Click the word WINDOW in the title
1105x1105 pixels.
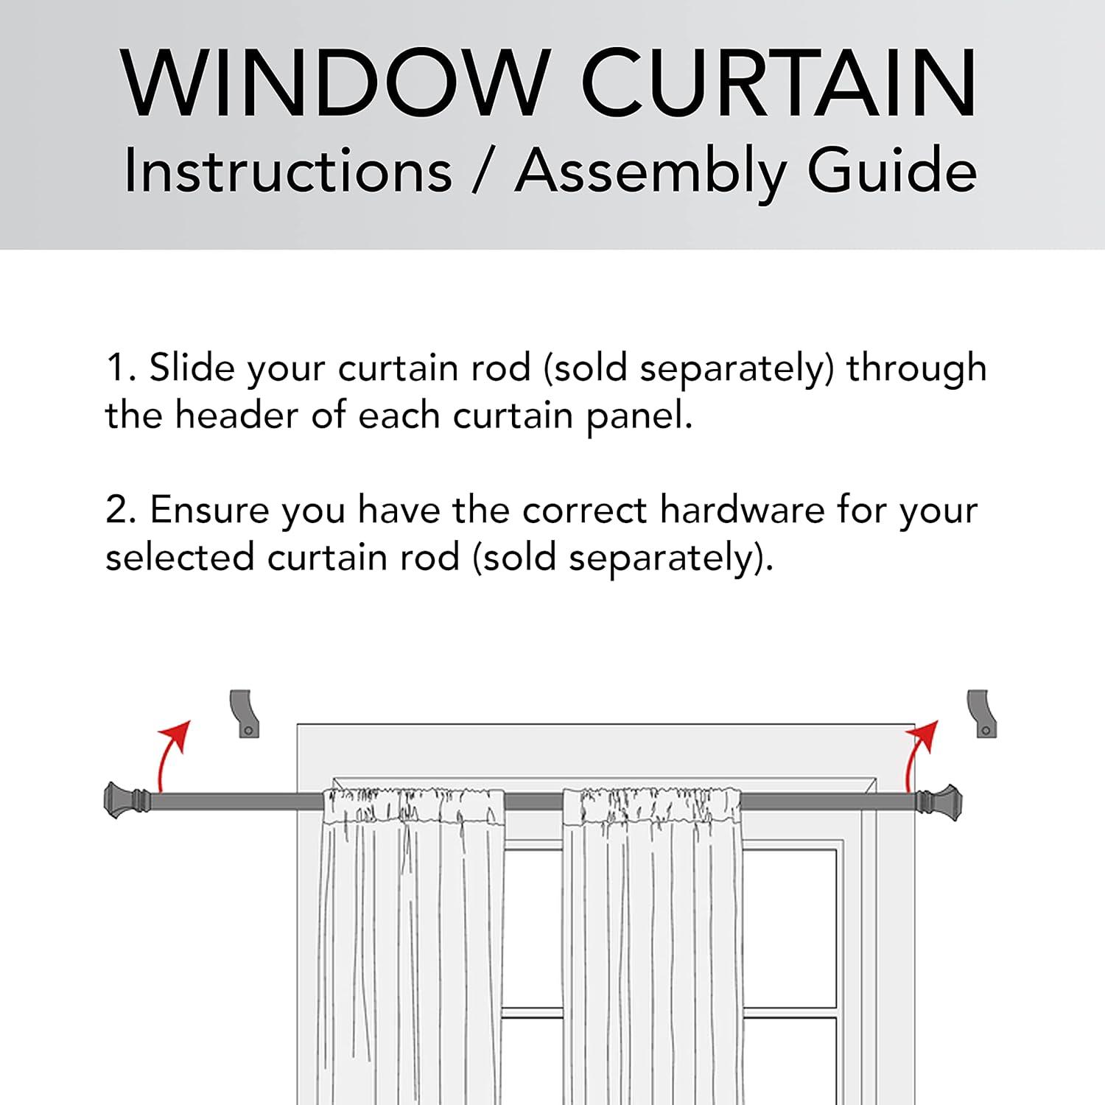pyautogui.click(x=336, y=83)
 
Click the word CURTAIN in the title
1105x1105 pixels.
pyautogui.click(x=780, y=83)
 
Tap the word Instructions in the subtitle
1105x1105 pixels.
pyautogui.click(x=287, y=171)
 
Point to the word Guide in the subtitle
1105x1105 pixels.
pyautogui.click(x=892, y=171)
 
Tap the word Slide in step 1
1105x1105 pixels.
pyautogui.click(x=192, y=367)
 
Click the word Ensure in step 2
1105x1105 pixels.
pyautogui.click(x=210, y=510)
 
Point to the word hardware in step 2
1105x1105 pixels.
pyautogui.click(x=742, y=510)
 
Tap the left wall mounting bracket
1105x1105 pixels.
pyautogui.click(x=245, y=713)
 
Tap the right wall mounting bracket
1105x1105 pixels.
pyautogui.click(x=982, y=713)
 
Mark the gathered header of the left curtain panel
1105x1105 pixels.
pyautogui.click(x=413, y=806)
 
